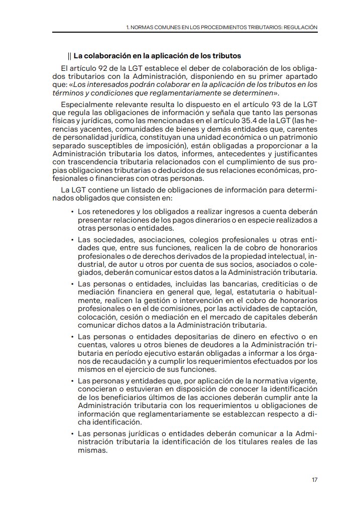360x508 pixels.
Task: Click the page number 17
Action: [x=314, y=480]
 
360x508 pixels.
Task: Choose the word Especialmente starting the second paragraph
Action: [x=85, y=104]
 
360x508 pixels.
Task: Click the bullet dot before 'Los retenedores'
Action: [x=73, y=212]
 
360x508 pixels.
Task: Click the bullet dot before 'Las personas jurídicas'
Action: [x=73, y=433]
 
